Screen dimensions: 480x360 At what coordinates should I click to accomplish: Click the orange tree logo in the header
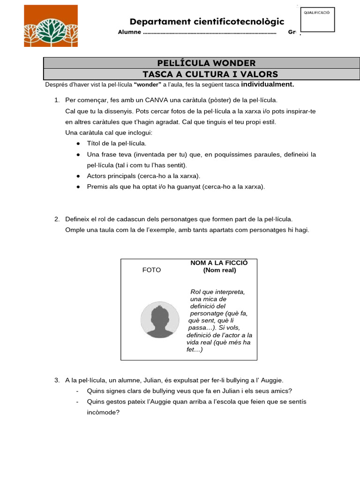tap(51, 26)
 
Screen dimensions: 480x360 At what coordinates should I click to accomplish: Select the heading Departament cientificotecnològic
tap(207, 22)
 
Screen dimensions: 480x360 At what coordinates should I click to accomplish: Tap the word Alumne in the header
tap(129, 33)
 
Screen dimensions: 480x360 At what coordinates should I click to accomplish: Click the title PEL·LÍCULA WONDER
tap(206, 63)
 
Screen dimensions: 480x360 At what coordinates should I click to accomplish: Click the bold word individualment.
tap(267, 85)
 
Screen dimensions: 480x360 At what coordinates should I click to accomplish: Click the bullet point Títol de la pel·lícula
tap(117, 143)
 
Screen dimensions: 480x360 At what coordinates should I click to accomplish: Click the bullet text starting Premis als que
tap(176, 187)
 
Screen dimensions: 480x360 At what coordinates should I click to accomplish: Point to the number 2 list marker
tap(57, 219)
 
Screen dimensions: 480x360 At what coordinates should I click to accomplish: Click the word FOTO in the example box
tap(151, 270)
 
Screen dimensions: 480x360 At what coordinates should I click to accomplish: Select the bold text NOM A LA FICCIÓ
tap(219, 262)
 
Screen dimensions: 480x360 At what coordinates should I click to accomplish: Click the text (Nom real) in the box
tap(219, 270)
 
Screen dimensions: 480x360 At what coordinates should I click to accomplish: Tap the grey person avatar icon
tap(160, 320)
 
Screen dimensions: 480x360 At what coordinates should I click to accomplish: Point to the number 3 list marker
tap(57, 380)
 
